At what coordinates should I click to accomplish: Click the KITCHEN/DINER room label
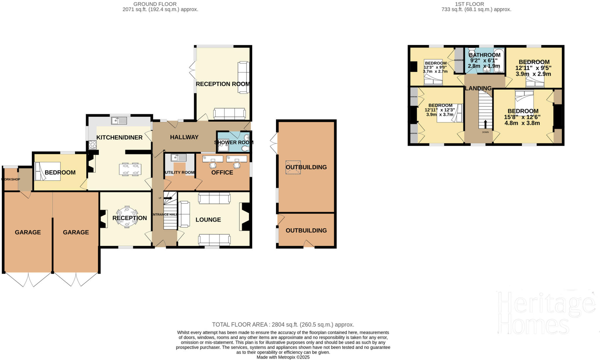[119, 137]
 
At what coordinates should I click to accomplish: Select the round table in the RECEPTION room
[127, 217]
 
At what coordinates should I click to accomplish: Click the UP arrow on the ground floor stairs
[168, 198]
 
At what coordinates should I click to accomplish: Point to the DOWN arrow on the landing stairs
[485, 124]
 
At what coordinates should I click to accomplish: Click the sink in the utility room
[179, 158]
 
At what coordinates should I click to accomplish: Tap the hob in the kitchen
[93, 145]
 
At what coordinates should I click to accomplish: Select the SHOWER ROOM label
[233, 142]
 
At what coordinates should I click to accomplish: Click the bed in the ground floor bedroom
[47, 171]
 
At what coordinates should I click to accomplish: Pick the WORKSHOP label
[11, 179]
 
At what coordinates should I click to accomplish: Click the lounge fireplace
[246, 217]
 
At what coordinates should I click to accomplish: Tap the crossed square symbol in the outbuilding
[293, 167]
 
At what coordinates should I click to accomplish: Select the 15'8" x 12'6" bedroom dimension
[522, 117]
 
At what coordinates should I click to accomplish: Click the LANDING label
[478, 88]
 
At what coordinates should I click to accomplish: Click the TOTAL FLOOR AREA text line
[283, 325]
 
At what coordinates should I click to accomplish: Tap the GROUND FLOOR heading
[155, 4]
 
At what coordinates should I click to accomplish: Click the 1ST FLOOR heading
[473, 4]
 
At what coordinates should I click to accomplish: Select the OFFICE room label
[222, 173]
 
